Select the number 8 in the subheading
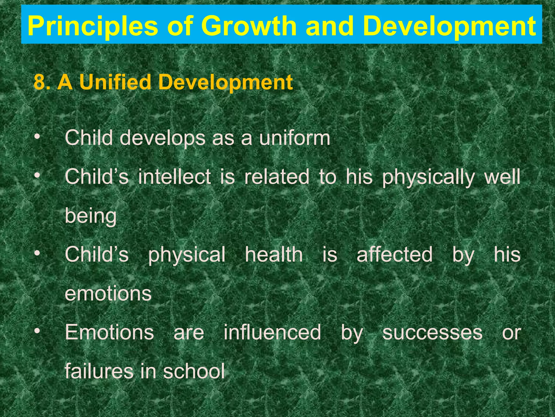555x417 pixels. tap(39, 82)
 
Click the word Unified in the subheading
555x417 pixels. tap(115, 82)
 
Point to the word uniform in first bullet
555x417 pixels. tap(295, 138)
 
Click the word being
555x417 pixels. tap(91, 217)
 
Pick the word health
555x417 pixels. tap(274, 254)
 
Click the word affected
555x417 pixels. tap(395, 254)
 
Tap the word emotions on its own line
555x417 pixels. tap(108, 294)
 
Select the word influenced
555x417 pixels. tap(272, 332)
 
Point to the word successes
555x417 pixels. tap(432, 333)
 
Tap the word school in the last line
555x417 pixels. tap(194, 371)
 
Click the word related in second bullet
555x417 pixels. tap(277, 177)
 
